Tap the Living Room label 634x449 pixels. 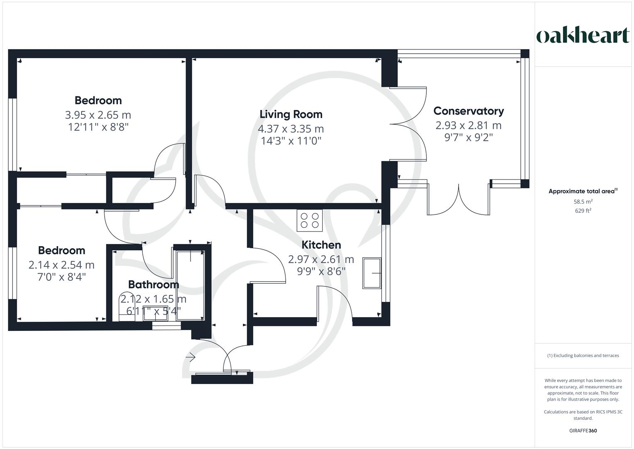pyautogui.click(x=291, y=114)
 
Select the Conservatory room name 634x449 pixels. pyautogui.click(x=468, y=111)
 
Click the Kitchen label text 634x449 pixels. pyautogui.click(x=321, y=245)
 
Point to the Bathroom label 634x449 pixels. pyautogui.click(x=153, y=284)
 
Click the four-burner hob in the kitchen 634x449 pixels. pyautogui.click(x=309, y=220)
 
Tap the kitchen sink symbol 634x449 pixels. pyautogui.click(x=372, y=273)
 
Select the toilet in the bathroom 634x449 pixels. pyautogui.click(x=125, y=307)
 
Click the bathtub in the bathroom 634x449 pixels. pyautogui.click(x=190, y=285)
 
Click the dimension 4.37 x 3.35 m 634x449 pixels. pyautogui.click(x=291, y=129)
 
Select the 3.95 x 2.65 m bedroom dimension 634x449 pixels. pyautogui.click(x=98, y=115)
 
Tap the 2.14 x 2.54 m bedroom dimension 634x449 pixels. pyautogui.click(x=61, y=265)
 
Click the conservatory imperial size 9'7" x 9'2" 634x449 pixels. pyautogui.click(x=468, y=137)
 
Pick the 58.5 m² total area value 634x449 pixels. pyautogui.click(x=583, y=202)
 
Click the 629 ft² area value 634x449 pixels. pyautogui.click(x=583, y=210)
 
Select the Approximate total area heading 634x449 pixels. pyautogui.click(x=583, y=191)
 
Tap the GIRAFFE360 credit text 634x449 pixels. pyautogui.click(x=583, y=431)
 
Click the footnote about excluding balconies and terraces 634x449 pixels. pyautogui.click(x=583, y=355)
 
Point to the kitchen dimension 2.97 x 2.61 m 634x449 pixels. pyautogui.click(x=321, y=259)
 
